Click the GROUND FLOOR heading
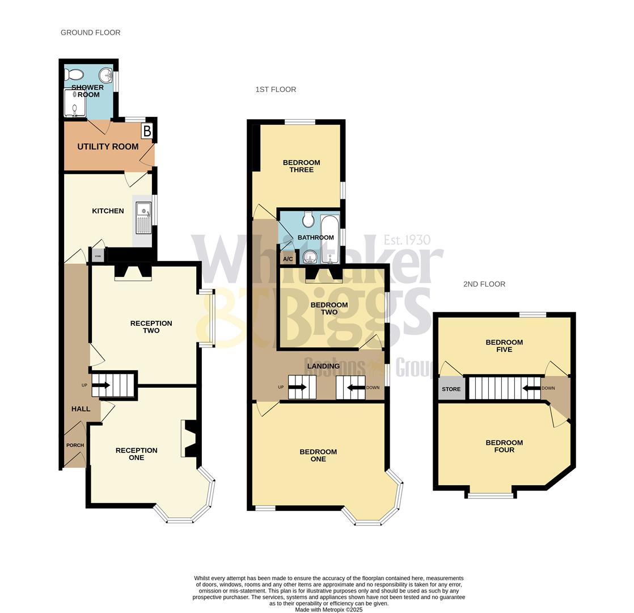pos(90,32)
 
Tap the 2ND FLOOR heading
pos(484,284)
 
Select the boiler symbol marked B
pos(147,132)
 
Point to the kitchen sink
pos(143,217)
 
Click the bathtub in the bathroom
pos(329,239)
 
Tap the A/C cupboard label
pos(288,259)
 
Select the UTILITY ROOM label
pos(108,146)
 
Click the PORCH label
pos(75,445)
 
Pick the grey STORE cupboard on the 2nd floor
pos(451,389)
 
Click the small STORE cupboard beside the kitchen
pos(98,256)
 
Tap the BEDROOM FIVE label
pos(504,346)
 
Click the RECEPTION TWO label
pos(151,326)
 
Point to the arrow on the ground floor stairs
pos(101,385)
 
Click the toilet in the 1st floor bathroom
pos(308,220)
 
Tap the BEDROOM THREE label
pos(301,166)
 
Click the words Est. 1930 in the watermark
pos(407,240)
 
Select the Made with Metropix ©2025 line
pos(328,610)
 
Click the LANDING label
pos(323,366)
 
